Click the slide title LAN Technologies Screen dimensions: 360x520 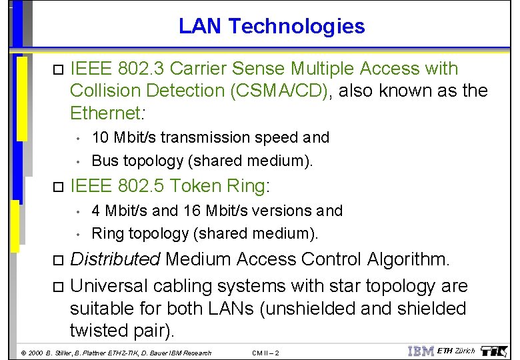coord(271,26)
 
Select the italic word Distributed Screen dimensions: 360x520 coord(115,259)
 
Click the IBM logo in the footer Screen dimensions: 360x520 coord(420,351)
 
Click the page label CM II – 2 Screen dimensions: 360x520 coord(267,353)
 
